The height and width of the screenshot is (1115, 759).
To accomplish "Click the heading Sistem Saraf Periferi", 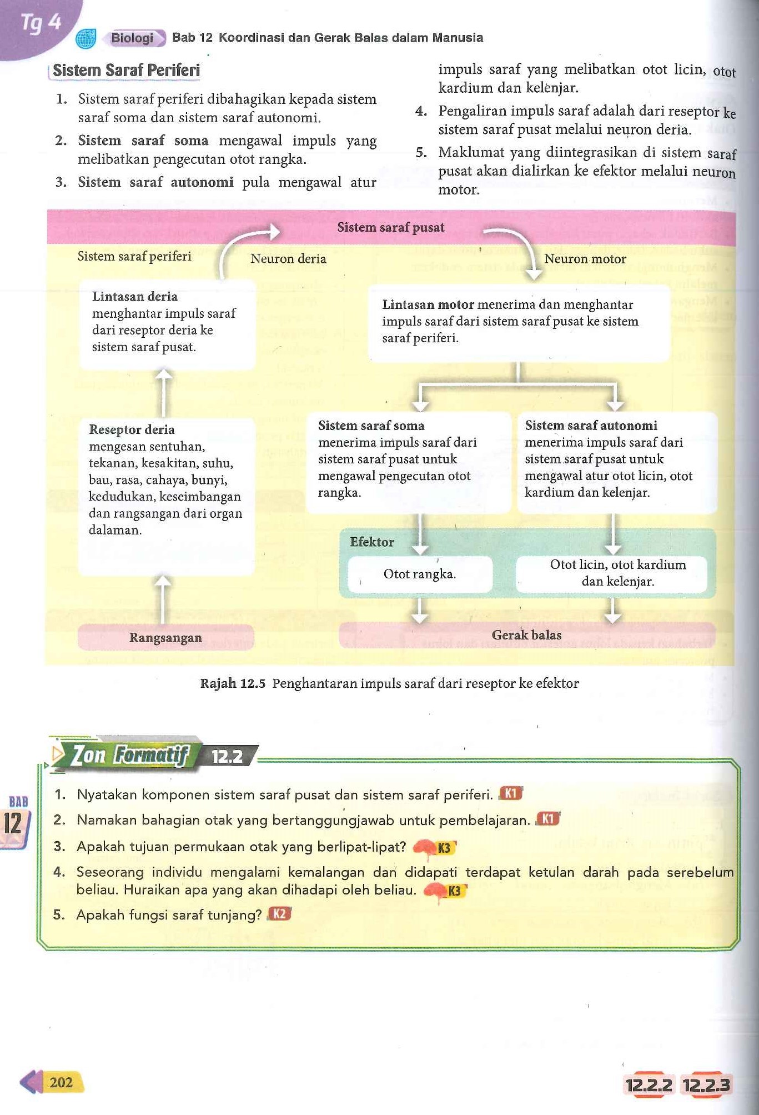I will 126,71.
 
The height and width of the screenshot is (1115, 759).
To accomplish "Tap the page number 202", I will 61,1082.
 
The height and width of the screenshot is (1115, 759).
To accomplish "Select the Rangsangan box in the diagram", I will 165,638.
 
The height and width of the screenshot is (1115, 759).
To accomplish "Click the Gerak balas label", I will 526,635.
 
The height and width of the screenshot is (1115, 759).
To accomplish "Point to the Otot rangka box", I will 420,574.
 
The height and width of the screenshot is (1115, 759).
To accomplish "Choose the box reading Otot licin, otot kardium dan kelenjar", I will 617,573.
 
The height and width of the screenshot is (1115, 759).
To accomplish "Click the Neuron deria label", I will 288,259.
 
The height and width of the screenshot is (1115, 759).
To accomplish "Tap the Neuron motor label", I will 585,259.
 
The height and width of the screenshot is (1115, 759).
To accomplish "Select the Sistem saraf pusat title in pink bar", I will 391,227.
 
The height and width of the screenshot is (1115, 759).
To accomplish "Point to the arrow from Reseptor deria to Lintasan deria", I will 163,392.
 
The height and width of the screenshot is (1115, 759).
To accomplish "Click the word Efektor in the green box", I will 371,542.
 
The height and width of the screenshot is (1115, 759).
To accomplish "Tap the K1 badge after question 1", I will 511,793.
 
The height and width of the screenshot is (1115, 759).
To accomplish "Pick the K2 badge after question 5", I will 280,914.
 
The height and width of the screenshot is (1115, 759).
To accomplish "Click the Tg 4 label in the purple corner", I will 40,23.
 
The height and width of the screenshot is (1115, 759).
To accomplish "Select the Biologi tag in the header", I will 133,38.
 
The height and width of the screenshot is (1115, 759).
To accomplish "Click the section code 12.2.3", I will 706,1085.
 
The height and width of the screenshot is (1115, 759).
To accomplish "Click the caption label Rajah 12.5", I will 233,683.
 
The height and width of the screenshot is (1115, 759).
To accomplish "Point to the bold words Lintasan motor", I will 428,304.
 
